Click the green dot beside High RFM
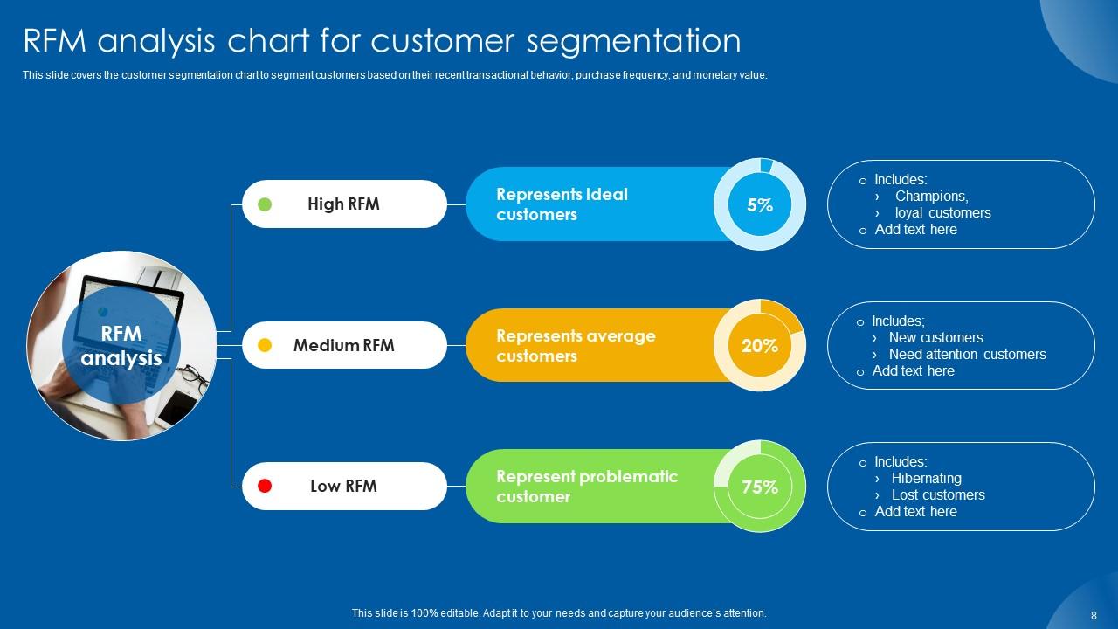(x=266, y=204)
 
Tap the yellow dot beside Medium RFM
(x=266, y=345)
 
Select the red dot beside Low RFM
(x=266, y=486)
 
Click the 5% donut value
(x=760, y=205)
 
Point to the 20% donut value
(x=760, y=346)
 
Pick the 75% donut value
(x=760, y=487)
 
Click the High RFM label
(x=343, y=204)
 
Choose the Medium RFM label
(x=343, y=345)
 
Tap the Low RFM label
(x=343, y=486)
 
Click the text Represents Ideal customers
(x=562, y=204)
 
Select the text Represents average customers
(x=576, y=346)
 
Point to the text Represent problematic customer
(x=586, y=487)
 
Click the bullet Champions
(x=931, y=197)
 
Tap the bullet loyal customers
(x=942, y=213)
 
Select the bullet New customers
(x=935, y=338)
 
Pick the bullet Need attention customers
(x=967, y=355)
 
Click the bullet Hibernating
(x=926, y=479)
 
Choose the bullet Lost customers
(x=938, y=495)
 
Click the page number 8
(x=1094, y=615)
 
